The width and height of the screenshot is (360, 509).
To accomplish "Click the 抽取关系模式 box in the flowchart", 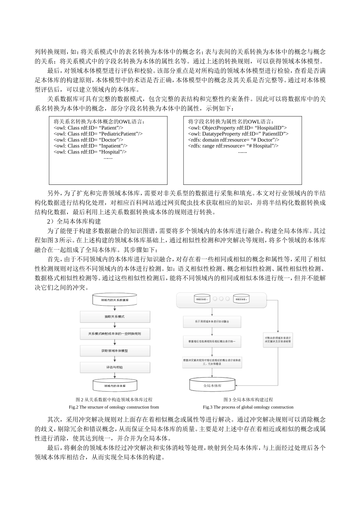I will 115,316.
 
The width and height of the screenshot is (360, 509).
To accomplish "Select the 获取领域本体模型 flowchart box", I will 115,351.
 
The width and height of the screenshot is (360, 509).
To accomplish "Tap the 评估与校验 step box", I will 115,367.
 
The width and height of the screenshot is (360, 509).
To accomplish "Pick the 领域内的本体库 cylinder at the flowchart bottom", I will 115,385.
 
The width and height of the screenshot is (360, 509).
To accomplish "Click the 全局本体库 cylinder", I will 212,386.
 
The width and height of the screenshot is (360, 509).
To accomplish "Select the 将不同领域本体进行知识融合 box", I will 212,322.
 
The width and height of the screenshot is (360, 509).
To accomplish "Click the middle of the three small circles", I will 221,299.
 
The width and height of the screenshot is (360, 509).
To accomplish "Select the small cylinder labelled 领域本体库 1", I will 202,299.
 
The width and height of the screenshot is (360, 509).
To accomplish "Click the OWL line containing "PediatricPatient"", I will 98,134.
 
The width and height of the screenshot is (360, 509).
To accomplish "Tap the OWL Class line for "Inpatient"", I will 91,146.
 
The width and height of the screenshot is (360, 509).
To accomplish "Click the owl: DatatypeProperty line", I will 238,134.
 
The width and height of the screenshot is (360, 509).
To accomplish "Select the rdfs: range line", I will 233,146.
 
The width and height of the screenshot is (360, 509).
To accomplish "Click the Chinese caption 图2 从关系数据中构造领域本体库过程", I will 114,400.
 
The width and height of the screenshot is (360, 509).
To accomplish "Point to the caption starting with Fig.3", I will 248,407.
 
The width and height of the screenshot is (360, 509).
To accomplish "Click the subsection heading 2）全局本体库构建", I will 74,221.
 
